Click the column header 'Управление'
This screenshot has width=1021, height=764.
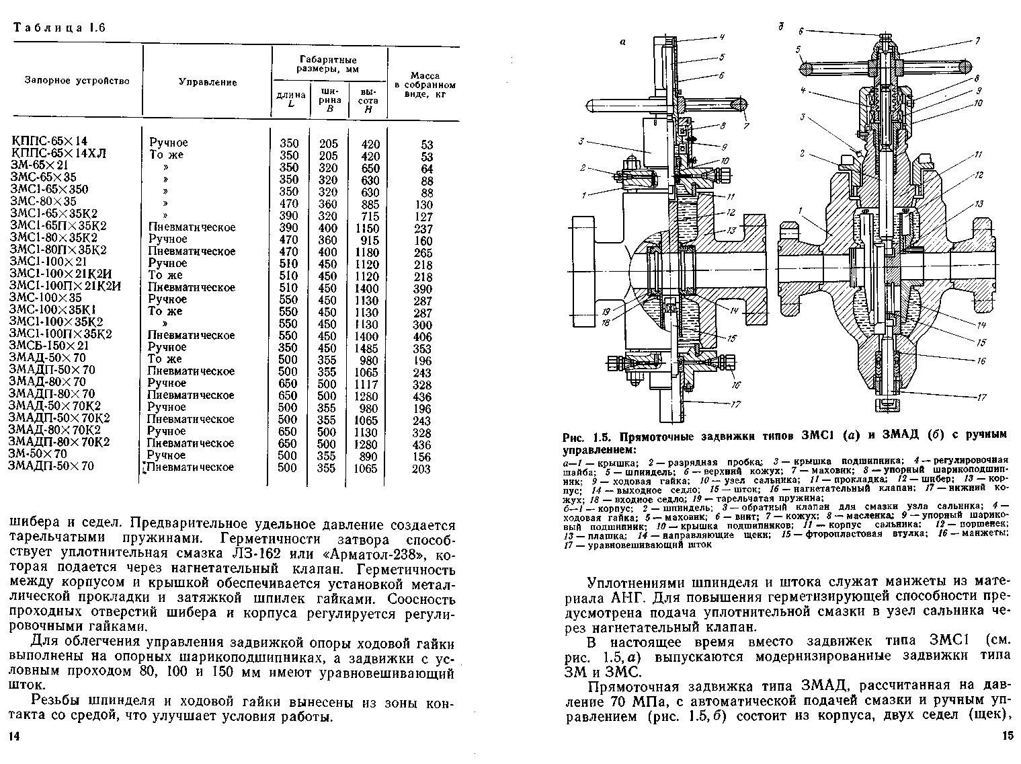click(x=207, y=82)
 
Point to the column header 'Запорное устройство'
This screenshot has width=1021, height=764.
click(x=77, y=81)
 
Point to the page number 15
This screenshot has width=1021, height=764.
click(x=1007, y=736)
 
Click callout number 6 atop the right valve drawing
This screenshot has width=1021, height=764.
click(x=801, y=31)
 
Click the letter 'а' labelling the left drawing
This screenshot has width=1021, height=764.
click(x=622, y=42)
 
